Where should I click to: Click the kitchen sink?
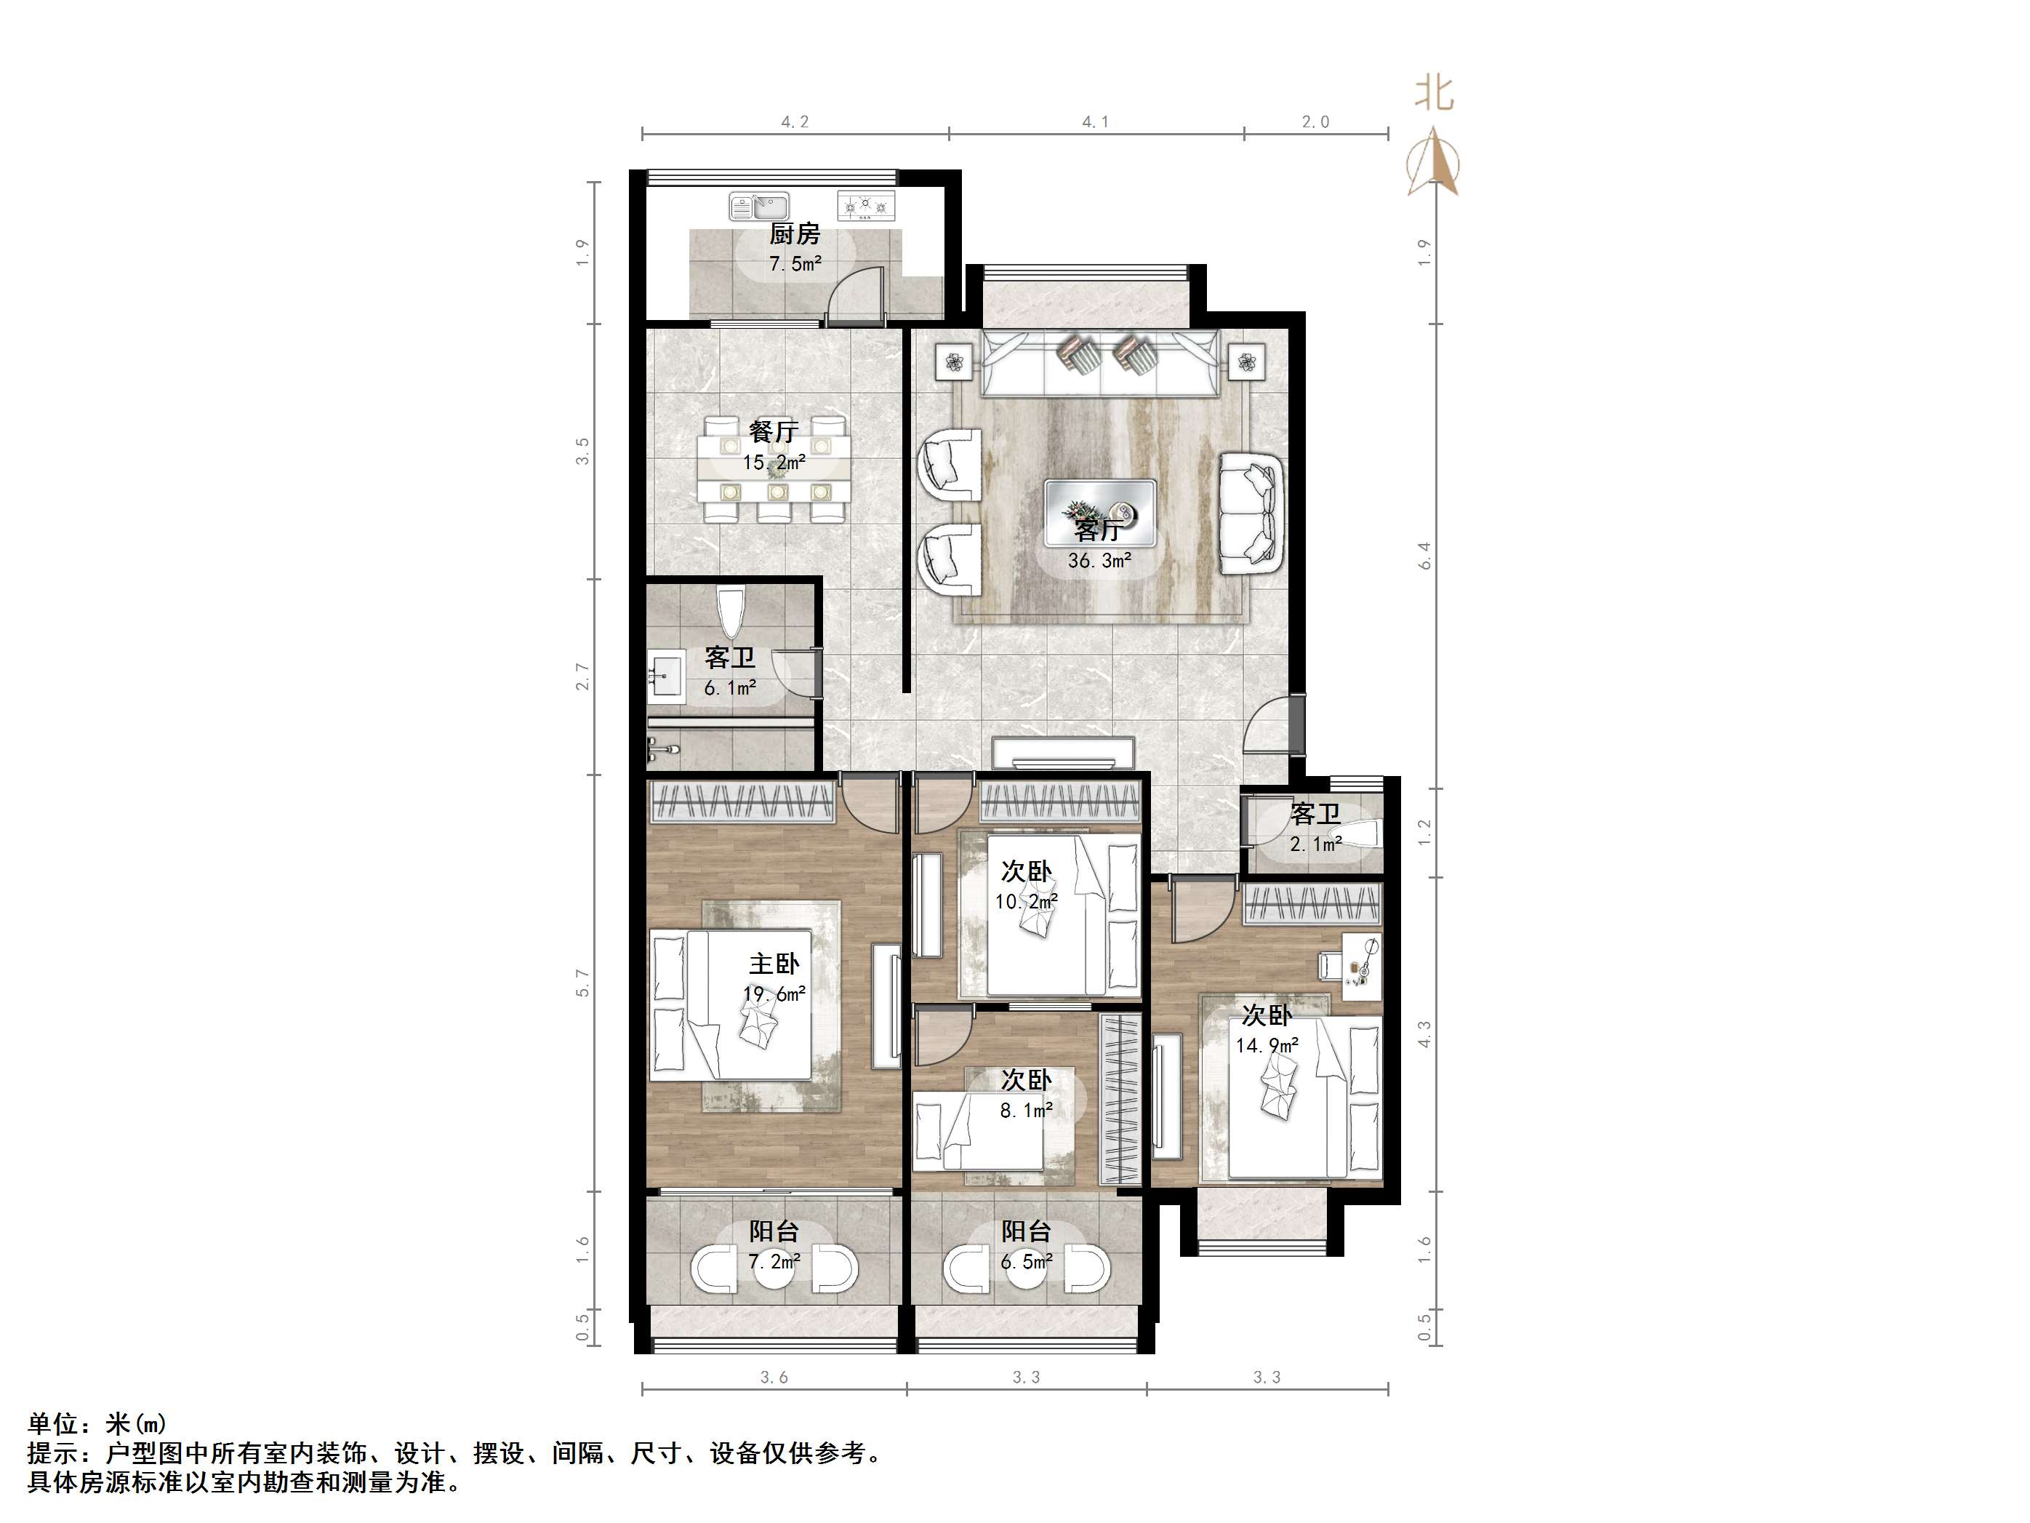[x=759, y=207]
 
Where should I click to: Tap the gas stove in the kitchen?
[x=865, y=207]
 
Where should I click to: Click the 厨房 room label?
[x=795, y=234]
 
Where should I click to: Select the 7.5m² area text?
[x=795, y=265]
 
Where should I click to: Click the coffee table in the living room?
[x=1099, y=514]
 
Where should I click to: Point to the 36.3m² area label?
[x=1099, y=561]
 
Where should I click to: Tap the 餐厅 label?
[x=774, y=431]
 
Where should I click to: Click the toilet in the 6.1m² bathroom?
[x=731, y=612]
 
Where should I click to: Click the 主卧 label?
[x=774, y=964]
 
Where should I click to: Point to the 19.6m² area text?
[x=774, y=994]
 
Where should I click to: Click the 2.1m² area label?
[x=1315, y=844]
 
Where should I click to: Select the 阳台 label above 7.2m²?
[x=774, y=1231]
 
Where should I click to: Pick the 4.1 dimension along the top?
[x=1096, y=122]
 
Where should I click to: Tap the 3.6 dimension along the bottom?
[x=774, y=1377]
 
